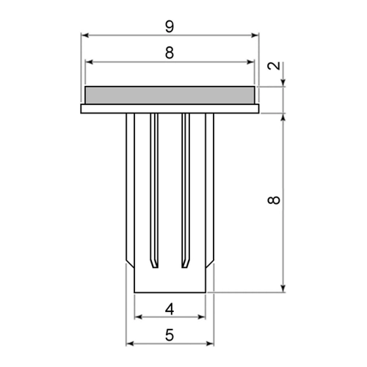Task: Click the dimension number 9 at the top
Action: click(170, 26)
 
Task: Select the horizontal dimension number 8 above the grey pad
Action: click(170, 53)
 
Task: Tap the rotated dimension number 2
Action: click(274, 66)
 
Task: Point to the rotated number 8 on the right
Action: click(274, 200)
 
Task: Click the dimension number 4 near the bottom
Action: click(170, 309)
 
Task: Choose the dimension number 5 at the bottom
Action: click(170, 335)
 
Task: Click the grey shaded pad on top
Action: click(170, 95)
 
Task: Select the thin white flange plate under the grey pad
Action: click(170, 109)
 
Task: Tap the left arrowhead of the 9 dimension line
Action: click(84, 35)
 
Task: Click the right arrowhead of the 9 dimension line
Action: click(255, 35)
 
